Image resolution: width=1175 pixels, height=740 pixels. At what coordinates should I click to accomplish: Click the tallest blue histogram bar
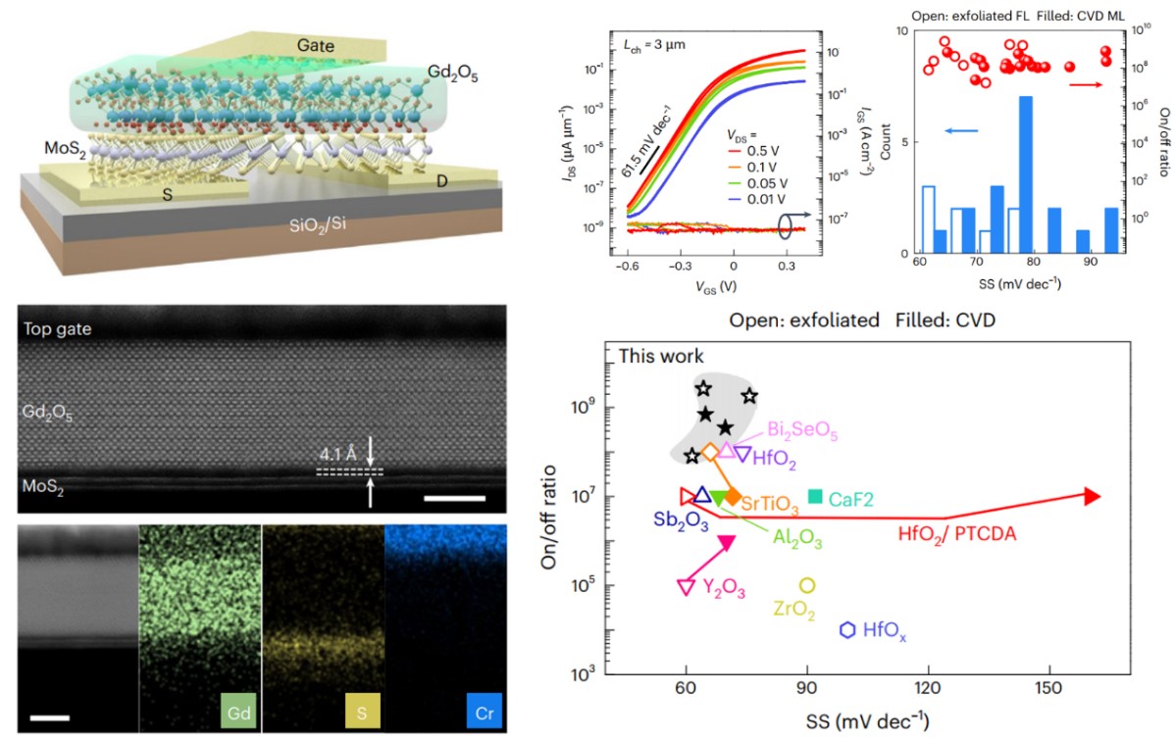pyautogui.click(x=1025, y=176)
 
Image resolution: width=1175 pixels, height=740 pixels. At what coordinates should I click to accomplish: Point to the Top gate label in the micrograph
pyautogui.click(x=59, y=329)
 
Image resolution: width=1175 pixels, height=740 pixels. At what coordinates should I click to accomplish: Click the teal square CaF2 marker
pyautogui.click(x=815, y=497)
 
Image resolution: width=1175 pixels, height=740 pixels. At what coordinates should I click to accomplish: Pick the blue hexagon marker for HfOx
pyautogui.click(x=847, y=629)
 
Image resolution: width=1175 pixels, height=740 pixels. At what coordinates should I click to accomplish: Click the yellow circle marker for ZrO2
pyautogui.click(x=807, y=585)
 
